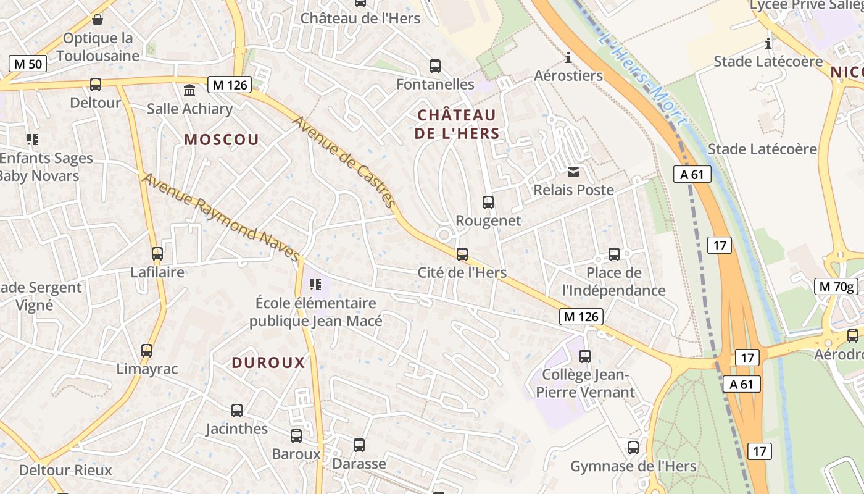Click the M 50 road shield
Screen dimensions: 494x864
pos(28,63)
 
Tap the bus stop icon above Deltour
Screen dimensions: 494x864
pos(96,85)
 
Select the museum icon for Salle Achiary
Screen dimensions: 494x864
pos(189,91)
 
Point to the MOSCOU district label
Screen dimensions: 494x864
pos(222,140)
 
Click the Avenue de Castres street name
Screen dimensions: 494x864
pos(344,161)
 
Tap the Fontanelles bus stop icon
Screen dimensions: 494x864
pos(435,66)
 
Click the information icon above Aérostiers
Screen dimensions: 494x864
pos(568,58)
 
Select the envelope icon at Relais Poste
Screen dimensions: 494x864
pos(574,172)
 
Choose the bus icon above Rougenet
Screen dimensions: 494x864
pos(488,203)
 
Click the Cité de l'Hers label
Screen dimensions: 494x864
pos(462,272)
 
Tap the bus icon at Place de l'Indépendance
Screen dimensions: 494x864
pos(614,254)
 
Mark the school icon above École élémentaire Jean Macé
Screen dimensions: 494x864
pos(315,285)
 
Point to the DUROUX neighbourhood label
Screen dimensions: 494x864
pos(268,362)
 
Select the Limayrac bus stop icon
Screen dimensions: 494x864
pos(147,351)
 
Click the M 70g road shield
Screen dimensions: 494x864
pos(836,286)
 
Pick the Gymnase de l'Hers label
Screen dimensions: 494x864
pos(633,466)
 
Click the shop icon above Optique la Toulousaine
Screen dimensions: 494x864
pos(97,20)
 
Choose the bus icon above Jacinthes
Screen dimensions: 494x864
pos(237,411)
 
